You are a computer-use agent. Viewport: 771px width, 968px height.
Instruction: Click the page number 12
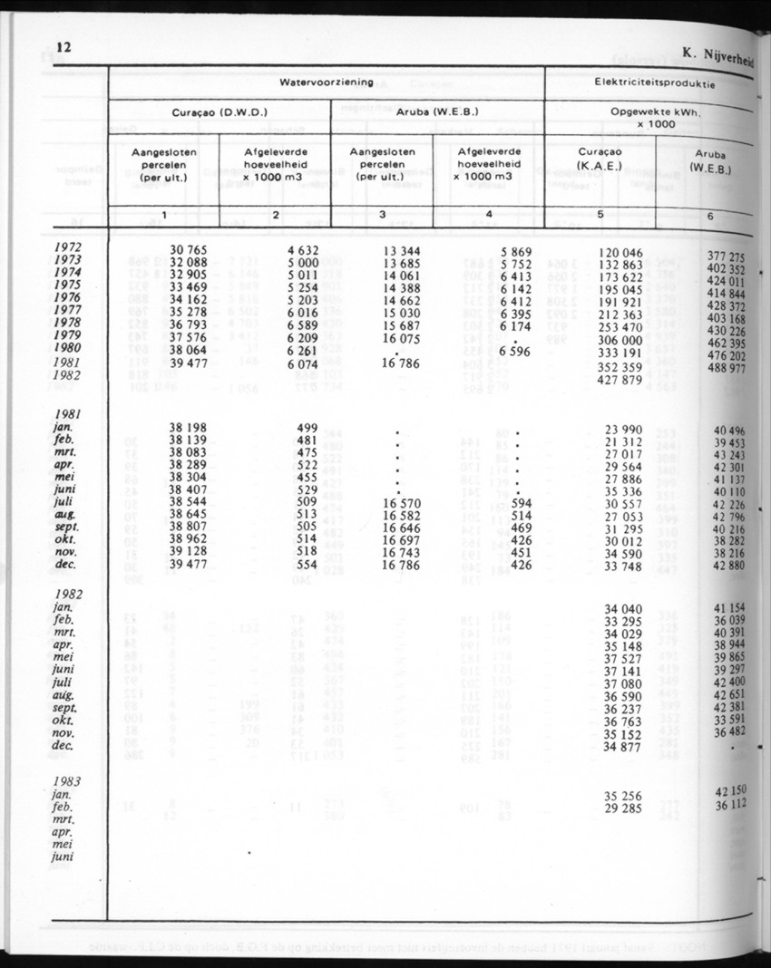click(63, 48)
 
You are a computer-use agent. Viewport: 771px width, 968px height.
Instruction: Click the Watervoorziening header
click(327, 82)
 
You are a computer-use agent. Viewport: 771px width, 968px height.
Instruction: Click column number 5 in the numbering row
click(602, 214)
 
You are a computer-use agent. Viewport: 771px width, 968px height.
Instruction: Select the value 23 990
click(625, 430)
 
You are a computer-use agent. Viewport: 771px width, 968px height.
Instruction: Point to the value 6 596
click(519, 350)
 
